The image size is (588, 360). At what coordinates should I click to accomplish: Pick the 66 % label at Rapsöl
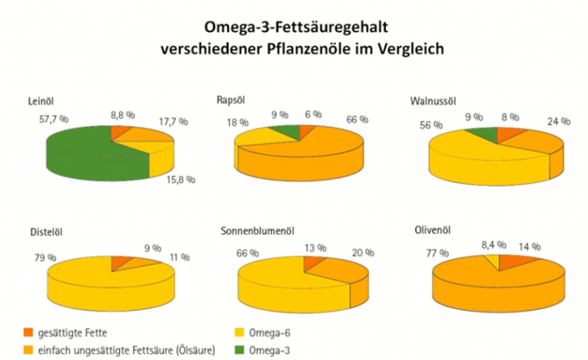click(x=356, y=119)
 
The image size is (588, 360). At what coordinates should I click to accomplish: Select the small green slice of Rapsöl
click(x=287, y=132)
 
